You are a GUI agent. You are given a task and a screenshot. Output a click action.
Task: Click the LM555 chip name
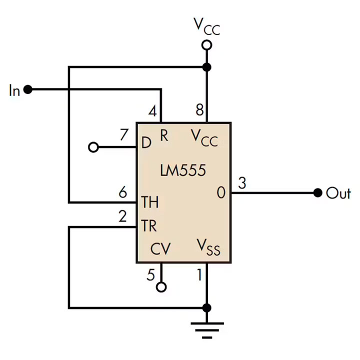pyautogui.click(x=183, y=170)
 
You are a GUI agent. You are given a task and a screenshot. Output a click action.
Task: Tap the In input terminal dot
pyautogui.click(x=28, y=90)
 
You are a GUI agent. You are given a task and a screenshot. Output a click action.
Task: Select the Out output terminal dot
pyautogui.click(x=317, y=193)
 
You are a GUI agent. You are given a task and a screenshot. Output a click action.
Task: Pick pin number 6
pyautogui.click(x=123, y=191)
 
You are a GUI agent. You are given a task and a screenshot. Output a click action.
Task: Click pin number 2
pyautogui.click(x=123, y=216)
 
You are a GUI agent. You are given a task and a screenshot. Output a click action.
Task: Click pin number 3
pyautogui.click(x=242, y=183)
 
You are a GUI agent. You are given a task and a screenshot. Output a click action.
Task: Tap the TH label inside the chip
pyautogui.click(x=149, y=202)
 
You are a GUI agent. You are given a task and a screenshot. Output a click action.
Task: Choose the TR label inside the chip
pyautogui.click(x=149, y=226)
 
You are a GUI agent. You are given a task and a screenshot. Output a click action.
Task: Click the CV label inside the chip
pyautogui.click(x=160, y=249)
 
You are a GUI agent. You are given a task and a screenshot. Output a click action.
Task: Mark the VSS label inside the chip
pyautogui.click(x=208, y=247)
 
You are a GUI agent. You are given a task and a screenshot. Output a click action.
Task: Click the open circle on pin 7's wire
pyautogui.click(x=92, y=147)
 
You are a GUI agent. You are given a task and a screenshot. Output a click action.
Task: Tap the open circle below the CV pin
pyautogui.click(x=161, y=287)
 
